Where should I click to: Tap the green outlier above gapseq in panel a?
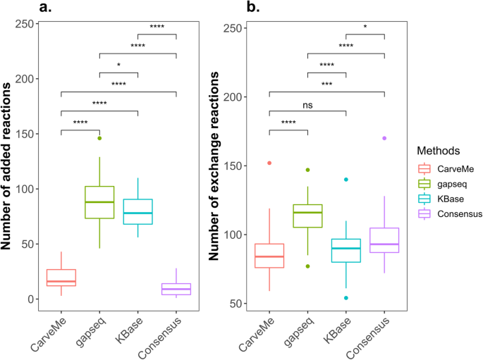point(99,138)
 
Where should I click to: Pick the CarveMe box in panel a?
point(61,278)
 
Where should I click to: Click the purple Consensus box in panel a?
point(176,289)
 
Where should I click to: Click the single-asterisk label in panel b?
point(365,27)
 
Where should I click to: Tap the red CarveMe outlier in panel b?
point(269,163)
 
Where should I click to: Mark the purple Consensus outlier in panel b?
point(384,138)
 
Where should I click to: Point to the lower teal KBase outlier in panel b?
point(346,298)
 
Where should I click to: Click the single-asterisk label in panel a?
point(118,66)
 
